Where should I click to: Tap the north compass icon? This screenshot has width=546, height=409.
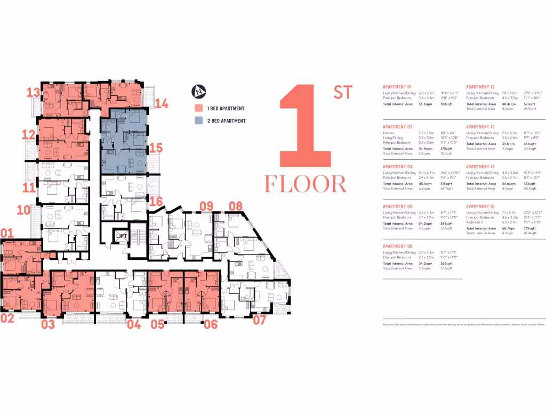click(198, 91)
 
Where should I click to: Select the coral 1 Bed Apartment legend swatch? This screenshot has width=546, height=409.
click(198, 109)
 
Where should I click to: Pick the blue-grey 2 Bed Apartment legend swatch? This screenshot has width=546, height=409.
click(198, 121)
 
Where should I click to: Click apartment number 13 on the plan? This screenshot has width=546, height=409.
click(34, 93)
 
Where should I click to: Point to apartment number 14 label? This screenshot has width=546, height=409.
click(162, 103)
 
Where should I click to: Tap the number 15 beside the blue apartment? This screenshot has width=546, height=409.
click(155, 148)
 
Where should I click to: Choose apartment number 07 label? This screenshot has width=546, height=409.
click(259, 320)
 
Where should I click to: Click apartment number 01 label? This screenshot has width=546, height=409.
click(7, 233)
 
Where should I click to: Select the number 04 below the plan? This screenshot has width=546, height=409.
click(134, 324)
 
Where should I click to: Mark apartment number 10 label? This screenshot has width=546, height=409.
click(23, 209)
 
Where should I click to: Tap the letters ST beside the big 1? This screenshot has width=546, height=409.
click(343, 92)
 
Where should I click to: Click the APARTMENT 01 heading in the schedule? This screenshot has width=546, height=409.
click(397, 87)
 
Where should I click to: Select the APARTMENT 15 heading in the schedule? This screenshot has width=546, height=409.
click(480, 206)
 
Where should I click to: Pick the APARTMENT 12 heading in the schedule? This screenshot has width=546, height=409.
click(480, 87)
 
